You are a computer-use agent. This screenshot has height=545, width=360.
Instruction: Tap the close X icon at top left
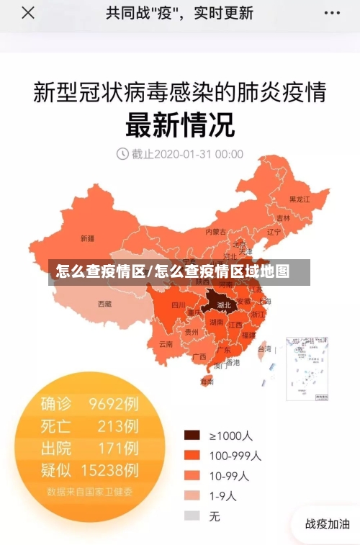(x=27, y=13)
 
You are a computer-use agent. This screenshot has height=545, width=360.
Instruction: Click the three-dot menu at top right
(x=331, y=13)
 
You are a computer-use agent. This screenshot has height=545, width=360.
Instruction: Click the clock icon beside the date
(x=122, y=153)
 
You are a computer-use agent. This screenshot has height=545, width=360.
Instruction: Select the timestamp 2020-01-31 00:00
(x=188, y=153)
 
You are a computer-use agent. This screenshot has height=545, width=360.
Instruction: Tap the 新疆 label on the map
(x=87, y=238)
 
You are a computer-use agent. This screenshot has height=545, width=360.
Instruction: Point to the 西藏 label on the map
(x=104, y=304)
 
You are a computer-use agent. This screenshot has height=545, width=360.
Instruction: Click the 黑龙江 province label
(x=300, y=199)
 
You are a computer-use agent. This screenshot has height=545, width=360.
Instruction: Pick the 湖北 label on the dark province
(x=223, y=305)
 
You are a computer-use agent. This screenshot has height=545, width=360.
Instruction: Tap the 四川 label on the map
(x=178, y=305)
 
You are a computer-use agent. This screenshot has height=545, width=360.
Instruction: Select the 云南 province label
(x=166, y=344)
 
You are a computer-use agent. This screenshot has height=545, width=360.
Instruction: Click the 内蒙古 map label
(x=215, y=232)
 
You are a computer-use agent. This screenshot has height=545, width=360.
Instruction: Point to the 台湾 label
(x=264, y=348)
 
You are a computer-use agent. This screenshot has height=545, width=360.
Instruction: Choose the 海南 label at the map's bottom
(x=207, y=382)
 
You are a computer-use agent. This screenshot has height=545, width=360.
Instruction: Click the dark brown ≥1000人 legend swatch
(x=192, y=435)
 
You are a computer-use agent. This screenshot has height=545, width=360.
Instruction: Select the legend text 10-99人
(x=229, y=475)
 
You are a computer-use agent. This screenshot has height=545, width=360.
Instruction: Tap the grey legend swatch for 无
(x=192, y=515)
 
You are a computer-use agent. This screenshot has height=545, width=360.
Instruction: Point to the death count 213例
(x=118, y=425)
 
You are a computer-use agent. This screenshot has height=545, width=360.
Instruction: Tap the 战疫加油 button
(x=327, y=524)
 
